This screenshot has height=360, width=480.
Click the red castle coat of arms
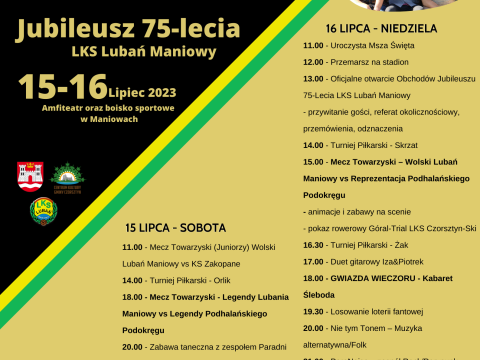point(29,176)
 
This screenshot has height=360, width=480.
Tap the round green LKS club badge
point(43,210)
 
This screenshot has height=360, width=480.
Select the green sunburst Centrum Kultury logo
point(67,176)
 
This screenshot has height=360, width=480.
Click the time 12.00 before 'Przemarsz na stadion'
point(313,60)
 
